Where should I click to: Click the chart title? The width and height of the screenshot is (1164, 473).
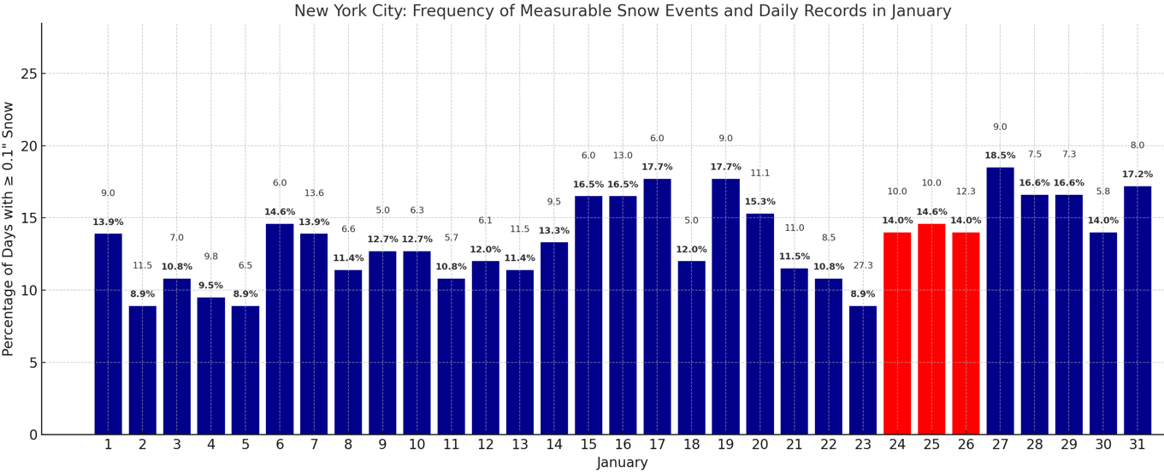[623, 11]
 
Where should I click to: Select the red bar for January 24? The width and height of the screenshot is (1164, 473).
[897, 334]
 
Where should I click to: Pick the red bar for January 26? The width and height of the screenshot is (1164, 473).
[966, 334]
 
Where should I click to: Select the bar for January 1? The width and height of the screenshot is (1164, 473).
[108, 334]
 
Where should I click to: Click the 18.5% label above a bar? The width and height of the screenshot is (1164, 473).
[1000, 156]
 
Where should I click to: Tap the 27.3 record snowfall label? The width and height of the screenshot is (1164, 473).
[863, 266]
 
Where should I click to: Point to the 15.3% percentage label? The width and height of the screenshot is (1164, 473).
[759, 202]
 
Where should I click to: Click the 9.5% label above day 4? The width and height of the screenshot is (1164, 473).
[210, 286]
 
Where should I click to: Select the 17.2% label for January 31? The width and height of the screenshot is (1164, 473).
[1137, 174]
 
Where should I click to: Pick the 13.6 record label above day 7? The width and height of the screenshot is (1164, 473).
[314, 193]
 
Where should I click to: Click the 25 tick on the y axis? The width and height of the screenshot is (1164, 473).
[30, 74]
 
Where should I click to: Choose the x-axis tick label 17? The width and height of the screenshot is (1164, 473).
[657, 445]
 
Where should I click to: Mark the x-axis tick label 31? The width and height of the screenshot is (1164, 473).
[1137, 445]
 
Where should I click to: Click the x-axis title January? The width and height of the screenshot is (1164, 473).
[623, 463]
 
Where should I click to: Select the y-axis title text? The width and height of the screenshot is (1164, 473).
[9, 228]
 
